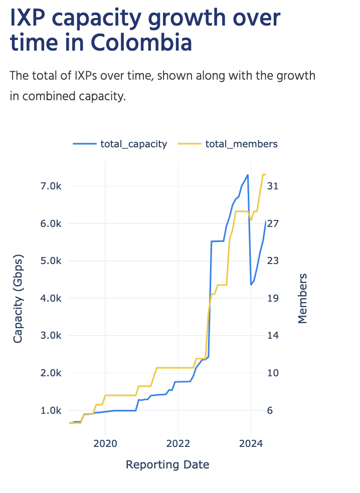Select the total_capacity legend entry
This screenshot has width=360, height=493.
click(133, 144)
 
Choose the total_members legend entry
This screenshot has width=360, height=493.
click(241, 144)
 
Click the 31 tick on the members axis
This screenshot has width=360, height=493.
click(273, 186)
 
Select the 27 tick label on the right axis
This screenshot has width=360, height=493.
click(273, 223)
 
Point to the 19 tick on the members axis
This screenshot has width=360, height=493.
click(273, 298)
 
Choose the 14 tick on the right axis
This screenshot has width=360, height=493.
click(273, 336)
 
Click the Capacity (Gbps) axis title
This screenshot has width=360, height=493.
click(18, 298)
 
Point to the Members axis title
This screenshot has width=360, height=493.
click(302, 298)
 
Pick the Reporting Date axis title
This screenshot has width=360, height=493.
click(167, 465)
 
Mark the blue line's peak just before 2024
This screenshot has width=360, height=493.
click(248, 175)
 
